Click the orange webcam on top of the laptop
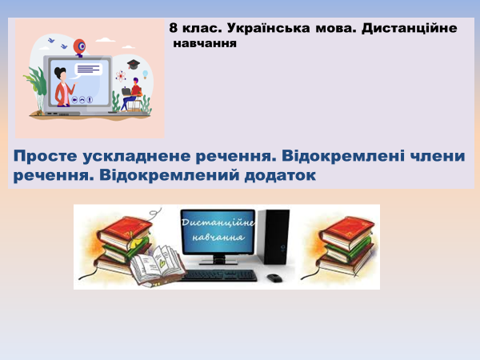tap(80, 47)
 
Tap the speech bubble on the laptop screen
tap(89, 70)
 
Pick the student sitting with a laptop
tap(134, 93)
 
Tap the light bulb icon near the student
tap(146, 78)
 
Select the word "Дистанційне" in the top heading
tap(409, 28)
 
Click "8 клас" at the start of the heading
tap(193, 28)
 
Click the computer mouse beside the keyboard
tap(274, 278)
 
